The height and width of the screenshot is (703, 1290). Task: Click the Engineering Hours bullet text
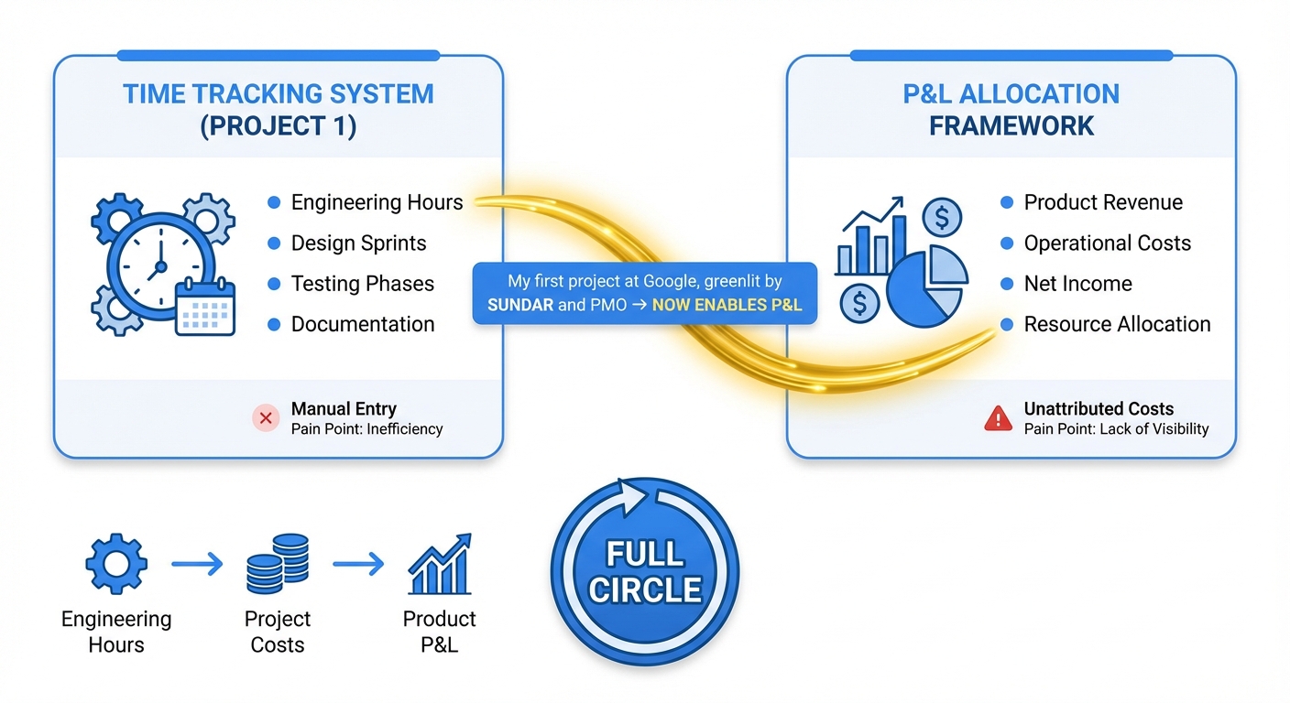tap(377, 202)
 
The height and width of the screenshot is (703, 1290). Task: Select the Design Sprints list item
tap(358, 243)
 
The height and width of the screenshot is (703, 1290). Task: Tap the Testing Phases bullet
tap(362, 283)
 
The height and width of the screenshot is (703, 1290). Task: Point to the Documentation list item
tap(362, 324)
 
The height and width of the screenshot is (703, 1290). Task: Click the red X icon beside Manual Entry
tap(266, 418)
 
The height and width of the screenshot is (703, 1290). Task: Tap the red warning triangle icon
tap(998, 418)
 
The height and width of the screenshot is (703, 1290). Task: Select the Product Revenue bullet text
tap(1103, 202)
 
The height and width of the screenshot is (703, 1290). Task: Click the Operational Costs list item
tap(1107, 243)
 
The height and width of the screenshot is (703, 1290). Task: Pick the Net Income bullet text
tap(1077, 283)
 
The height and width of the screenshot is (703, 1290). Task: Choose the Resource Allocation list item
tap(1117, 324)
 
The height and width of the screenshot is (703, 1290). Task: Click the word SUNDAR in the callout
tap(520, 305)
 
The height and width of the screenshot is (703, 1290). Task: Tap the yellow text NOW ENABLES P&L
tap(727, 305)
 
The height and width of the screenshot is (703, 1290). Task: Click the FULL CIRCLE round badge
tap(645, 572)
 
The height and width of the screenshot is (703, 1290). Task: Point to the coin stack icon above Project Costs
tap(278, 565)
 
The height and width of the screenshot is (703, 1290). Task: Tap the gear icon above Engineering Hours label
tap(115, 565)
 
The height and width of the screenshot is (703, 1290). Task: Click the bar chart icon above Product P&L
tap(440, 565)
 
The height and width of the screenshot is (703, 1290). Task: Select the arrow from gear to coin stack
tap(197, 565)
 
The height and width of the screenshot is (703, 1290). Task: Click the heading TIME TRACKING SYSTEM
tap(279, 93)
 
